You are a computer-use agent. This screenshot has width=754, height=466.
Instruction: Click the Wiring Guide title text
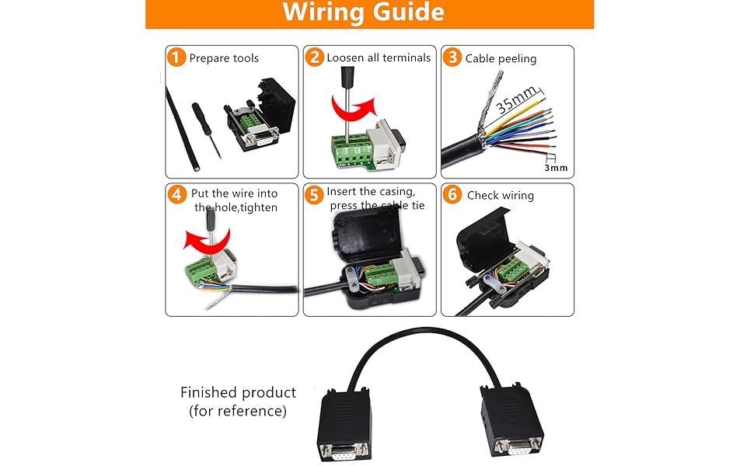(x=363, y=13)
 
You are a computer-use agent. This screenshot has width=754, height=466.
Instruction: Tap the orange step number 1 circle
(x=177, y=57)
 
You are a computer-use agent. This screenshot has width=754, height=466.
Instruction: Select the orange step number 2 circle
(x=315, y=57)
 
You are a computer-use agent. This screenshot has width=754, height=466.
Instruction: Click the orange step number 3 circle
(x=452, y=57)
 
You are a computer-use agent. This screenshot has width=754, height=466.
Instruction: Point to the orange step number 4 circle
(x=177, y=195)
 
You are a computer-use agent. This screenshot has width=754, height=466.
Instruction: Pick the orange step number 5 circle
(x=315, y=195)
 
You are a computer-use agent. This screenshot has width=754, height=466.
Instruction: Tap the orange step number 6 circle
(x=452, y=195)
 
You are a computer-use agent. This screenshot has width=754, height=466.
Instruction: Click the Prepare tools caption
(x=224, y=58)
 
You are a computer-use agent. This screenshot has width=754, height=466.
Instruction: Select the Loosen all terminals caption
(x=379, y=57)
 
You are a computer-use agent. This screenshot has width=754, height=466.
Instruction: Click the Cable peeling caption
(x=501, y=58)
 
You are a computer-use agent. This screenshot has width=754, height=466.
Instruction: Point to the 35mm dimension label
(x=517, y=102)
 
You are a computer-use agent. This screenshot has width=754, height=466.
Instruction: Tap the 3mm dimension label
(x=555, y=167)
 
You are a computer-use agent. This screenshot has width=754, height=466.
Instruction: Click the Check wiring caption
(x=500, y=196)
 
